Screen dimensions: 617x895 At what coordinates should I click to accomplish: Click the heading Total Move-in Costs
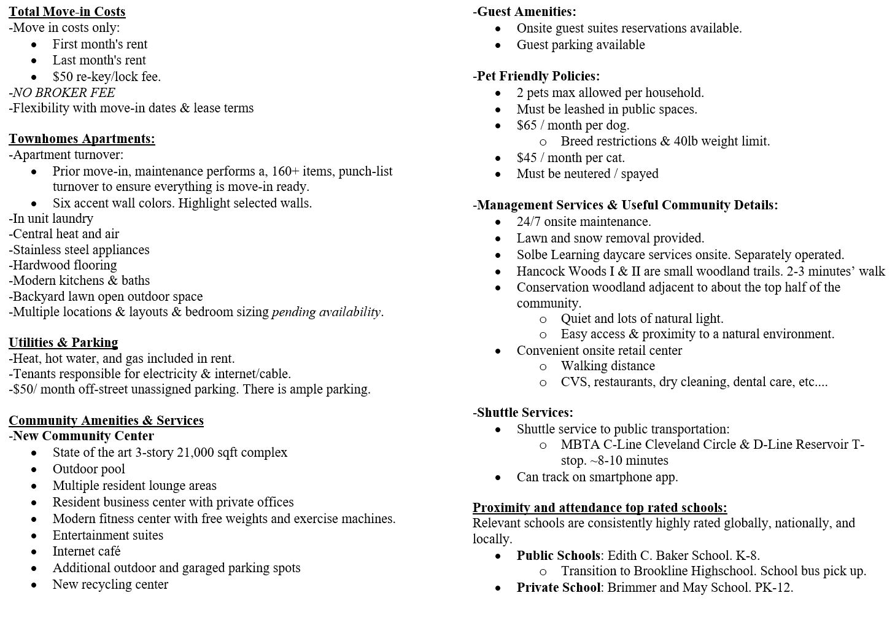(67, 12)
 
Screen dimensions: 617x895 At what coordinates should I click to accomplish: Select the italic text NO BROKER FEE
(64, 93)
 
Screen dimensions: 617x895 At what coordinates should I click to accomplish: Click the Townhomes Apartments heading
(82, 139)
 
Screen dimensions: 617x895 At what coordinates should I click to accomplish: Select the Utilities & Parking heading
(63, 343)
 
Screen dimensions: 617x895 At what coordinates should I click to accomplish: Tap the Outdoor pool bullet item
(88, 469)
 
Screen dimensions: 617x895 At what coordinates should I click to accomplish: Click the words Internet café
(87, 551)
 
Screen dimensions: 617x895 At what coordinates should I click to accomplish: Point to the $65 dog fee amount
(527, 125)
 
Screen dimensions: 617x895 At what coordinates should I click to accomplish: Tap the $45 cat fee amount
(527, 158)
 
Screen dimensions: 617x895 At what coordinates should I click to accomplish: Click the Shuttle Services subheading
(524, 413)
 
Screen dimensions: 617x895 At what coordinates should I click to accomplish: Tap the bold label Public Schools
(558, 556)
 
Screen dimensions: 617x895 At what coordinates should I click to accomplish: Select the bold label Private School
(558, 588)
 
